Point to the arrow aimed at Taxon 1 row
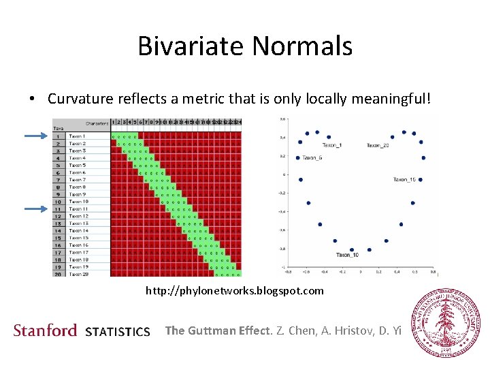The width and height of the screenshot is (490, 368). click(x=38, y=137)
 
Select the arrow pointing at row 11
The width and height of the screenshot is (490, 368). click(x=38, y=209)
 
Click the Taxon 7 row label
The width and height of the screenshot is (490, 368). click(x=77, y=180)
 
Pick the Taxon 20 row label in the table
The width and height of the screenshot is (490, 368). click(x=78, y=274)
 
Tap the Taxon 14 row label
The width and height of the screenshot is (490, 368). click(x=78, y=230)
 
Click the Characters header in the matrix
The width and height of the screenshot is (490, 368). click(x=97, y=123)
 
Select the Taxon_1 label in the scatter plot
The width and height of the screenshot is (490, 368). click(x=332, y=145)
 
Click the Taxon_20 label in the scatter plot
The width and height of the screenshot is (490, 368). click(x=378, y=145)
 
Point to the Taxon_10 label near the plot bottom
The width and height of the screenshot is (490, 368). click(x=347, y=255)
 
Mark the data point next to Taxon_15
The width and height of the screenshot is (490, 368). click(x=420, y=180)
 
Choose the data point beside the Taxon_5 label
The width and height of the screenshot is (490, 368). click(x=297, y=158)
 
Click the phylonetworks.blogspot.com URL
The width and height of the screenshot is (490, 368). click(x=235, y=291)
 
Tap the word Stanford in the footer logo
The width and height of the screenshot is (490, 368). click(x=45, y=331)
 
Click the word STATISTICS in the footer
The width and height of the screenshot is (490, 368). click(x=118, y=332)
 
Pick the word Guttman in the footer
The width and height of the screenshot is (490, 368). click(x=212, y=331)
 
